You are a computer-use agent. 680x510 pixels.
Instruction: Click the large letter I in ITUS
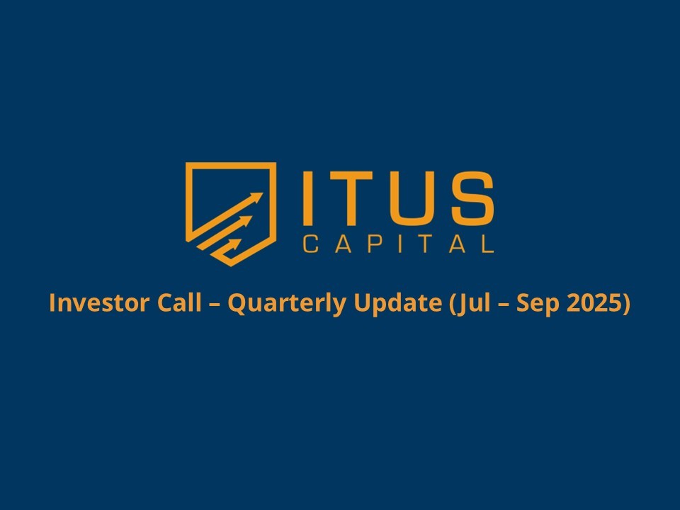pos(308,198)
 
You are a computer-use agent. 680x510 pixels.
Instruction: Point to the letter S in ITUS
pos(472,198)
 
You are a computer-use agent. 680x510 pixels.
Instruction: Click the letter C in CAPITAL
pos(310,244)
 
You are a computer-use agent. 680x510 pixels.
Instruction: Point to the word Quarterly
pos(287,303)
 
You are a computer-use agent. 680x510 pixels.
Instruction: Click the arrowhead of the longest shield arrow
pos(256,198)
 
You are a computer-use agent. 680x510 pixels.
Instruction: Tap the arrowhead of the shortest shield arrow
pos(236,244)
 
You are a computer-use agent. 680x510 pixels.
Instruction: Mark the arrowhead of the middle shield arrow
pos(246,221)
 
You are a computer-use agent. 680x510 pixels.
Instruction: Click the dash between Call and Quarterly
pos(215,304)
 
